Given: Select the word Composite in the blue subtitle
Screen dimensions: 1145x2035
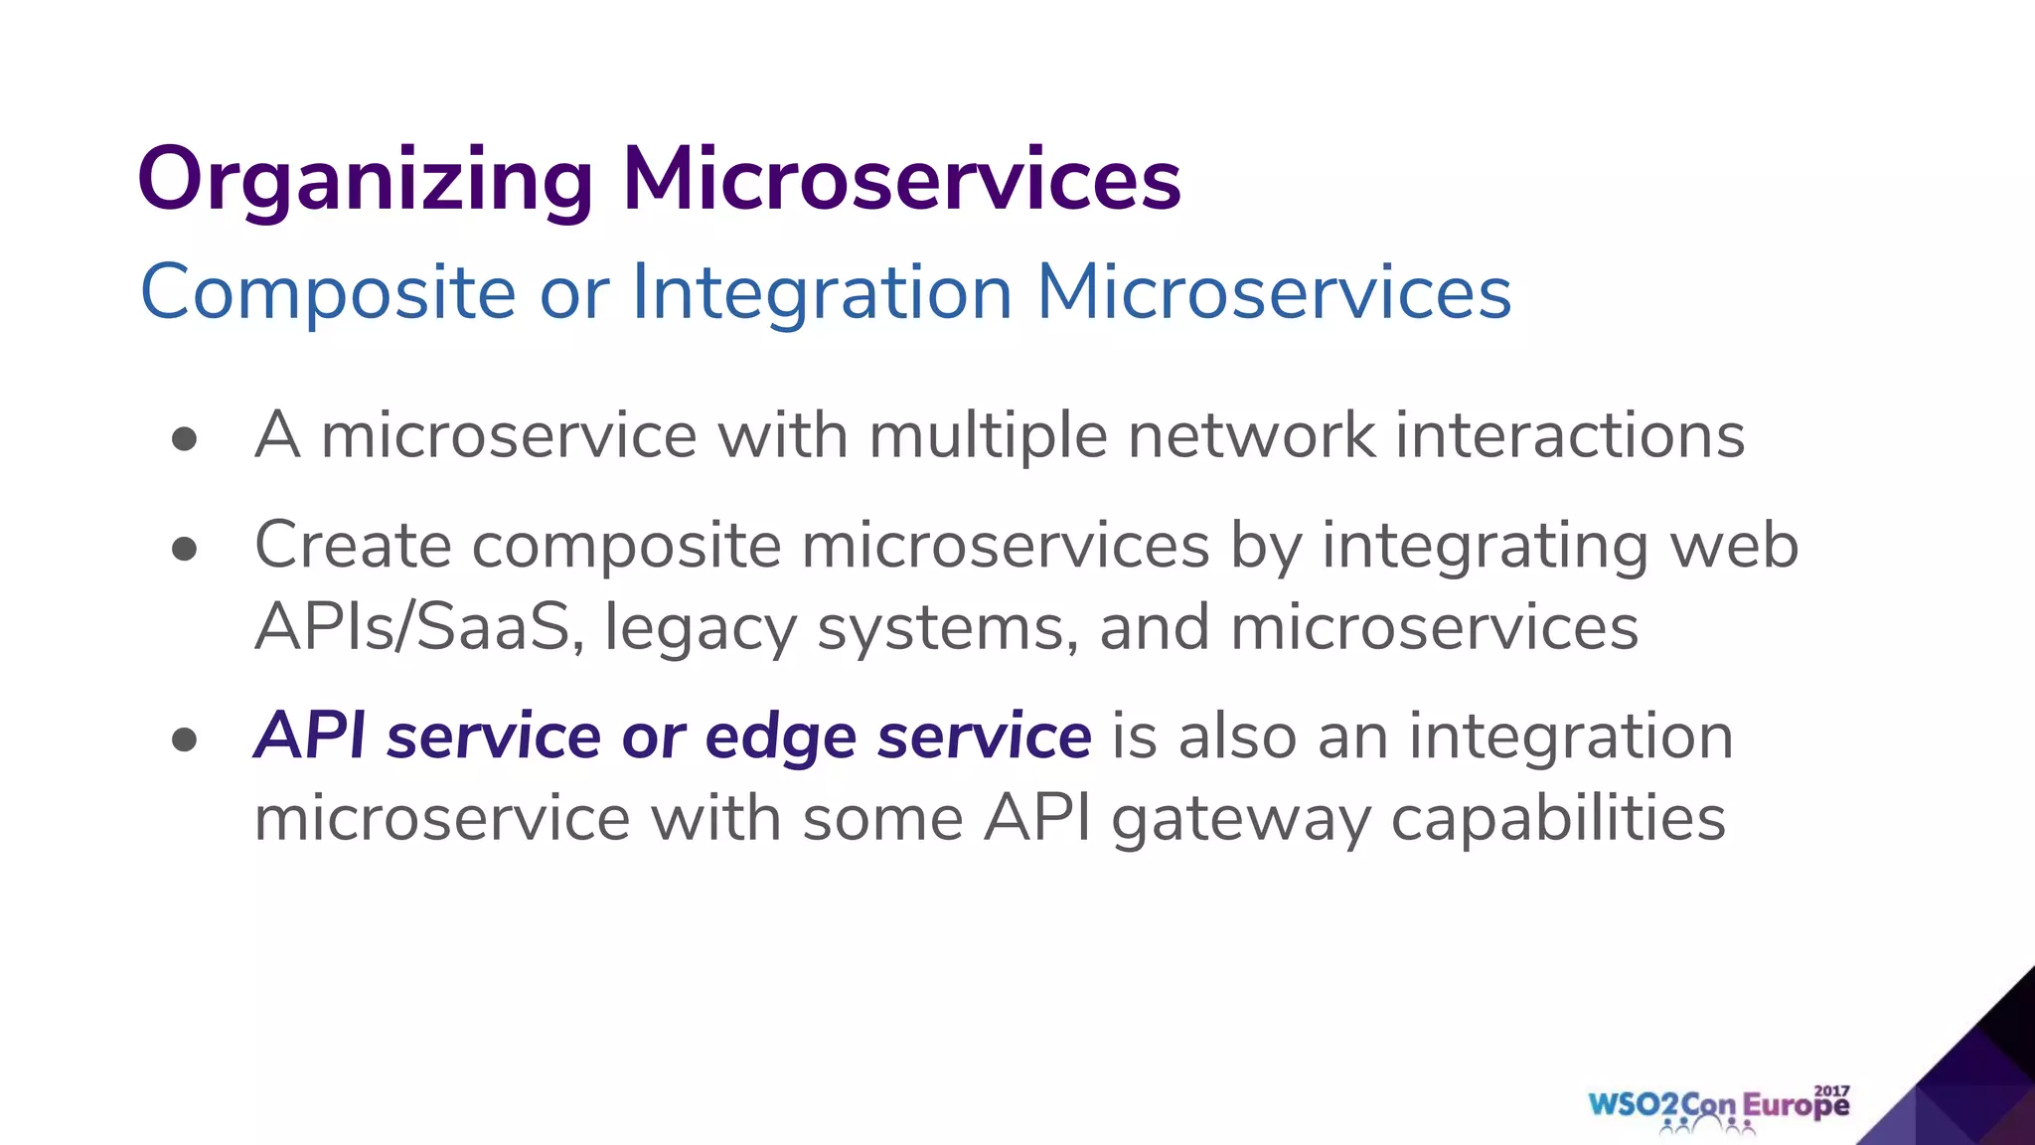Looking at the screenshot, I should pyautogui.click(x=328, y=292).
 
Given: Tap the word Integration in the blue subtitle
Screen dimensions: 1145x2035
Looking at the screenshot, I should pyautogui.click(x=822, y=292).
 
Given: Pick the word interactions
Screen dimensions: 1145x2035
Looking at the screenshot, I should pyautogui.click(x=1570, y=436).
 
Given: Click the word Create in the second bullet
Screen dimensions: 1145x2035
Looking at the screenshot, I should pyautogui.click(x=353, y=546).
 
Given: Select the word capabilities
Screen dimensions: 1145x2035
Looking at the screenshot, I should pyautogui.click(x=1558, y=821).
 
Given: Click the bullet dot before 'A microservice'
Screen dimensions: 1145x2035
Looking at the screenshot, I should pyautogui.click(x=184, y=439).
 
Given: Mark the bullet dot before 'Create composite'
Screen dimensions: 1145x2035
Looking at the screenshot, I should pyautogui.click(x=184, y=549).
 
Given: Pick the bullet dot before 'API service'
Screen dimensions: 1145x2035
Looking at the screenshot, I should pyautogui.click(x=184, y=739).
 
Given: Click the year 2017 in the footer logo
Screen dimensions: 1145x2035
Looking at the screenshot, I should pyautogui.click(x=1832, y=1090).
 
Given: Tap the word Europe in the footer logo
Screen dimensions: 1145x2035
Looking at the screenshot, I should pyautogui.click(x=1797, y=1105).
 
